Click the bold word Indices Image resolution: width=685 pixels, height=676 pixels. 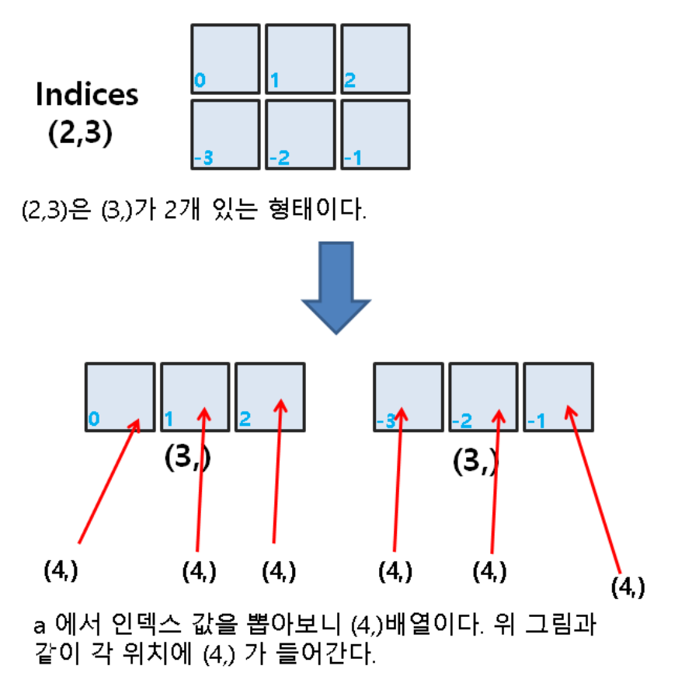(87, 95)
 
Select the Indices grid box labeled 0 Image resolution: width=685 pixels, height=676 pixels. (225, 59)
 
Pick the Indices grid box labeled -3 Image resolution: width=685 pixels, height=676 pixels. (225, 134)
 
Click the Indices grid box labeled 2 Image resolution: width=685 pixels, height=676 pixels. (375, 59)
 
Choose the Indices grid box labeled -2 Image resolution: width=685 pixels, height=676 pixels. (301, 134)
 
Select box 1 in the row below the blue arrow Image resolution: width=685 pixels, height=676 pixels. (194, 396)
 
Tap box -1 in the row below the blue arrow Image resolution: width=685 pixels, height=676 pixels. (558, 396)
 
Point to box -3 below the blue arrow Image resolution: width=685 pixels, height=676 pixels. (409, 396)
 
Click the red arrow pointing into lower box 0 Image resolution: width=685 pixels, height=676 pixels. (109, 482)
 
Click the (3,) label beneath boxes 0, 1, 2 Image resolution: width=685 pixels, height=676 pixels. (188, 459)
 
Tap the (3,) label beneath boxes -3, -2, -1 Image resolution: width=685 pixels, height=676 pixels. (475, 462)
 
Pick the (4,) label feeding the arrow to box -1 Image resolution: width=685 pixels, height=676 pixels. (628, 587)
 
